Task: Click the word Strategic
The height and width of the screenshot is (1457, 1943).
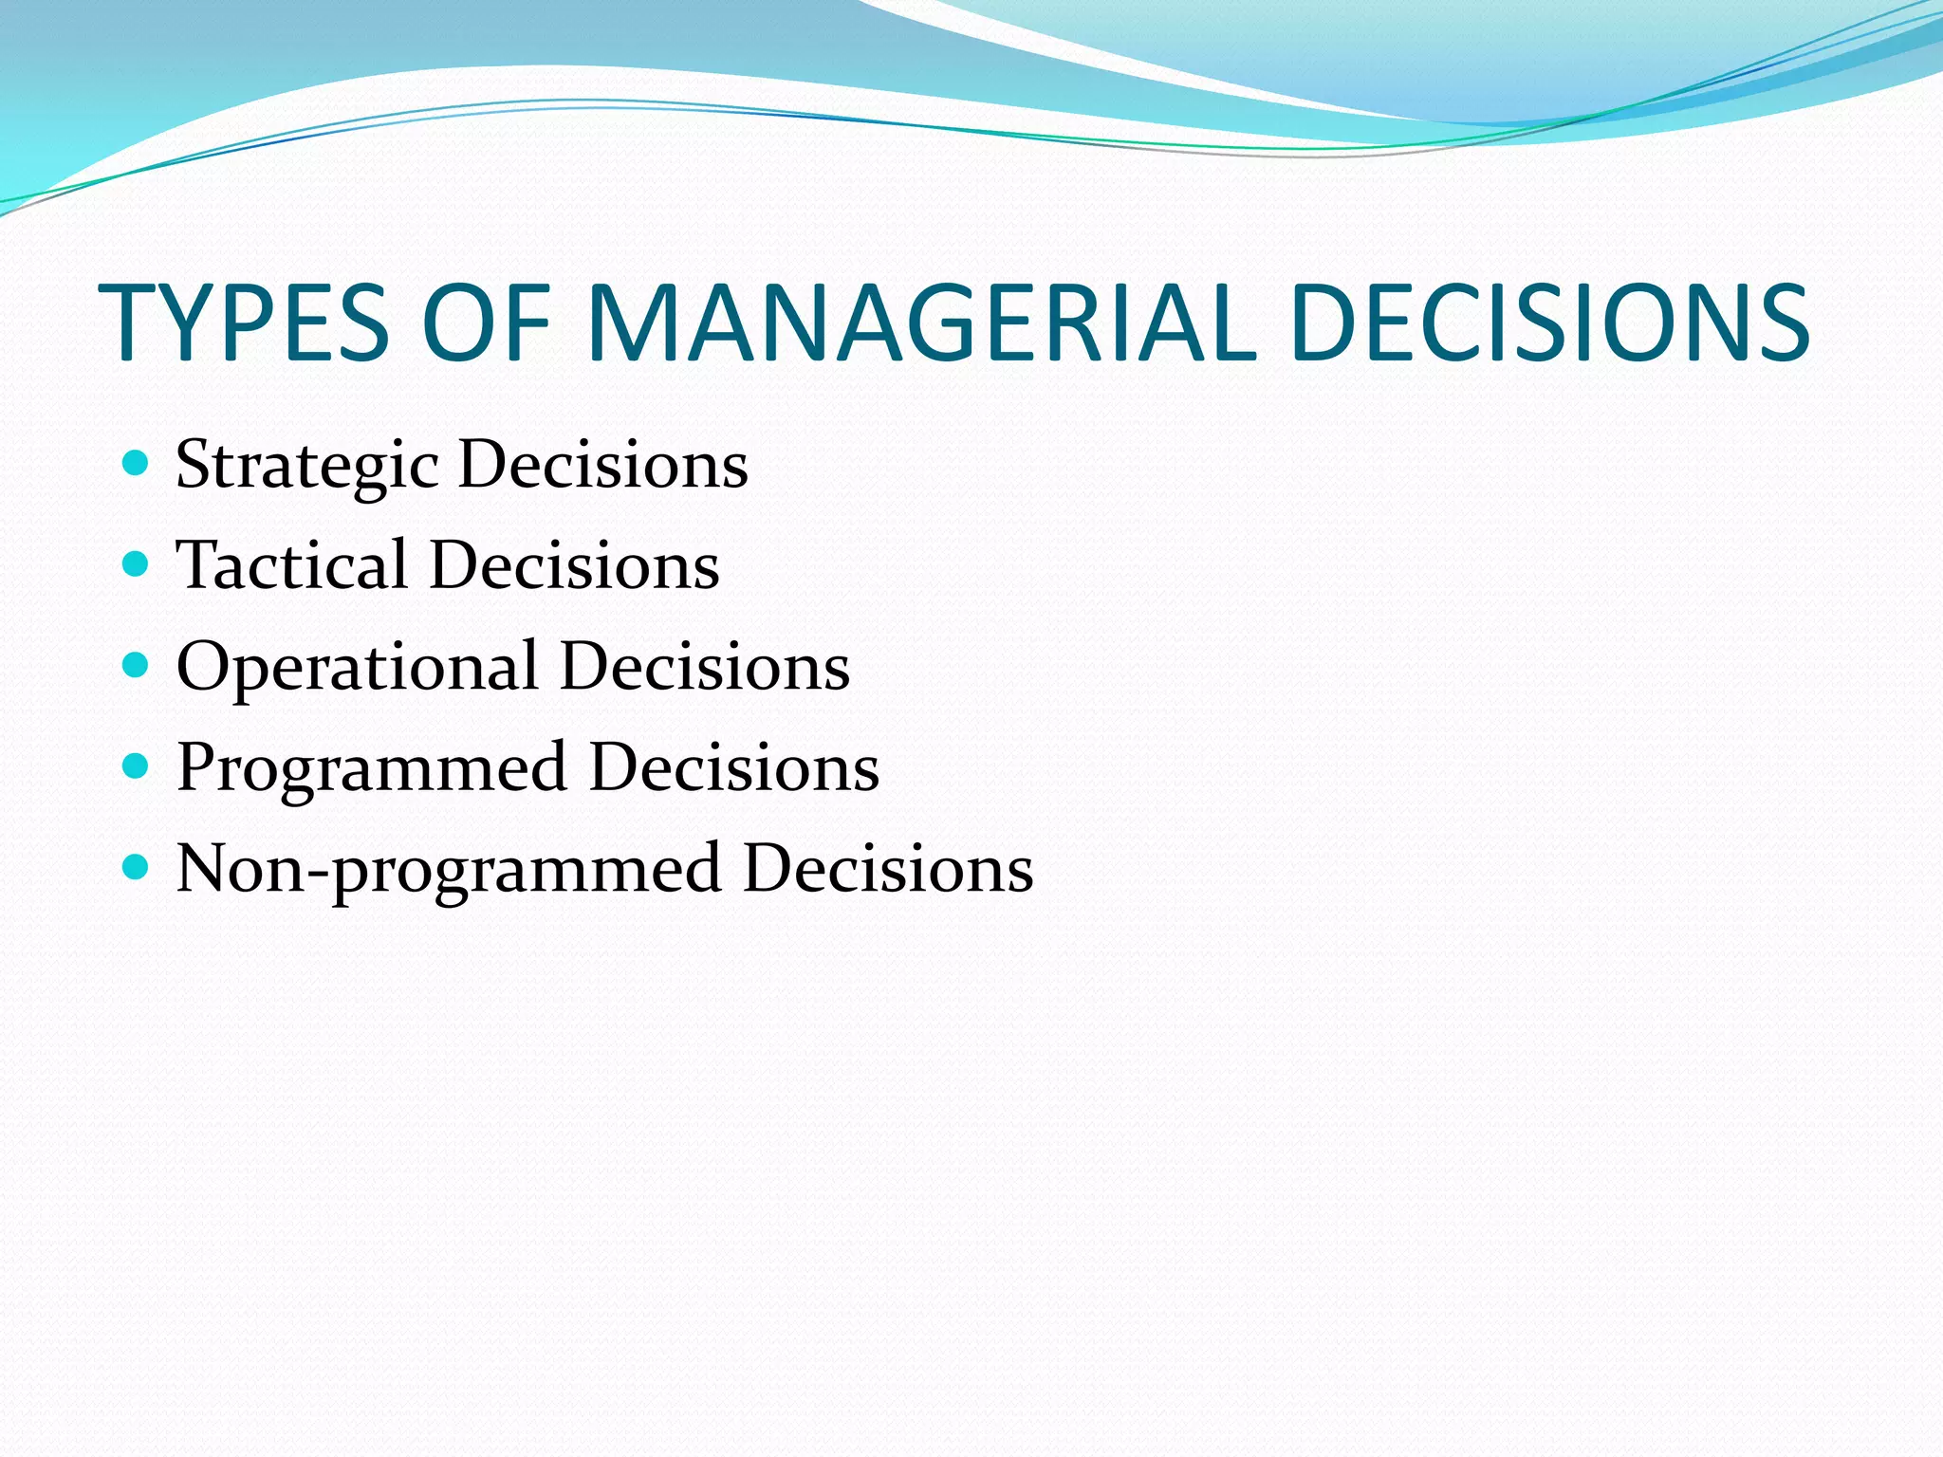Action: click(x=306, y=467)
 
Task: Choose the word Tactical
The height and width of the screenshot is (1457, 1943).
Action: click(x=291, y=566)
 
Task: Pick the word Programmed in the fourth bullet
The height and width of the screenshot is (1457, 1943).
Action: click(x=371, y=768)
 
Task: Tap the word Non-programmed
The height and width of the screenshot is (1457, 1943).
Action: click(x=448, y=869)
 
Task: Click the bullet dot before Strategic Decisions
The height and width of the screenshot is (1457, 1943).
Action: click(x=137, y=463)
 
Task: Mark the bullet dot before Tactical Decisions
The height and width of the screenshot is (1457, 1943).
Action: click(x=137, y=564)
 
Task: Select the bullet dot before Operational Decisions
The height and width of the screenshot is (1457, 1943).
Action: click(x=137, y=665)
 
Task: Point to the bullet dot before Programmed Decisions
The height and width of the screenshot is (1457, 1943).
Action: click(x=137, y=765)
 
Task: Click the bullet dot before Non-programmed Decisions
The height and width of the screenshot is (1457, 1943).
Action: click(x=137, y=866)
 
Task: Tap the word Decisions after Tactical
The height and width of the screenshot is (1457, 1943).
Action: click(x=574, y=566)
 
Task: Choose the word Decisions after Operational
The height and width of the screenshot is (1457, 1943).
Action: click(x=704, y=667)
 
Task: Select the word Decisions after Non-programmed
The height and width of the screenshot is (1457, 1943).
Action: click(x=887, y=869)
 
